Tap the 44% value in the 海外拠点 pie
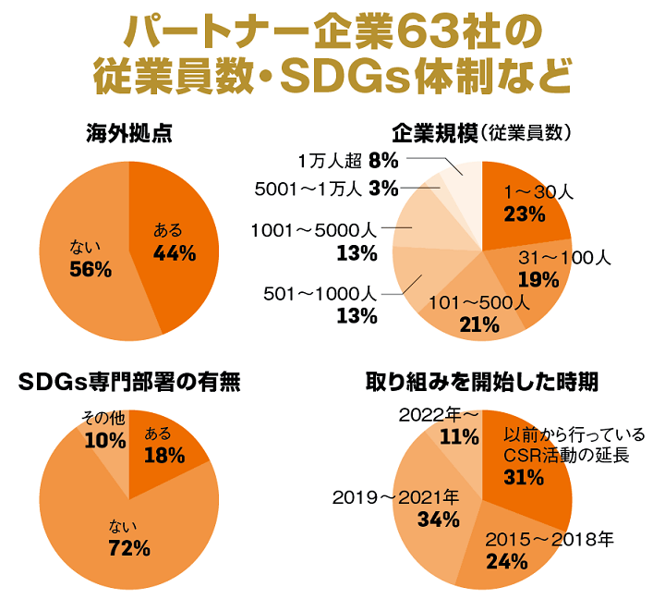click(173, 253)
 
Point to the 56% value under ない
click(91, 270)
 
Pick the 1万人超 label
click(328, 159)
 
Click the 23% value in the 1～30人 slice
click(524, 214)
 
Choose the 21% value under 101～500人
click(478, 324)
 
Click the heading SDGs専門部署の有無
click(128, 382)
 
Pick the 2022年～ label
click(439, 414)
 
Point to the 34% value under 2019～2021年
click(438, 520)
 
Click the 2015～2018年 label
click(550, 539)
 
